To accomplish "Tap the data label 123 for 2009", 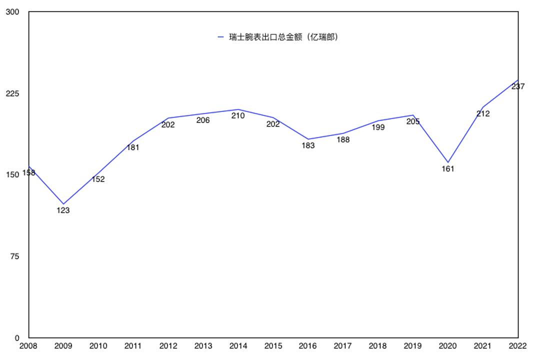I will (x=63, y=210).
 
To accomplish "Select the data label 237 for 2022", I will (x=518, y=86).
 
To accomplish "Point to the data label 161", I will (x=448, y=169).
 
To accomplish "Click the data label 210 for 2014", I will (x=238, y=115).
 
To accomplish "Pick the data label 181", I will (x=133, y=147).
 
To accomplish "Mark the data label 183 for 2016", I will (x=308, y=145).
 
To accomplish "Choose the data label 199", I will (x=378, y=127).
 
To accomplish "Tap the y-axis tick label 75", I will (x=14, y=256).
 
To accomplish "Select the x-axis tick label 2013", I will (x=203, y=345).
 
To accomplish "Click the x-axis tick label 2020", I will (x=448, y=345).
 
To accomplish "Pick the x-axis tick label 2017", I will (x=343, y=345).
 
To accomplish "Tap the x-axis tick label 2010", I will (x=98, y=345).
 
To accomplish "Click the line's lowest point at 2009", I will (x=63, y=204).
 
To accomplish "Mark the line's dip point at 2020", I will (x=448, y=162).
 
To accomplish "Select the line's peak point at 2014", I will (x=238, y=109).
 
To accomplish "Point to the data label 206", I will (x=203, y=120).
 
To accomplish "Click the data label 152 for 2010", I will (x=98, y=179).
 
